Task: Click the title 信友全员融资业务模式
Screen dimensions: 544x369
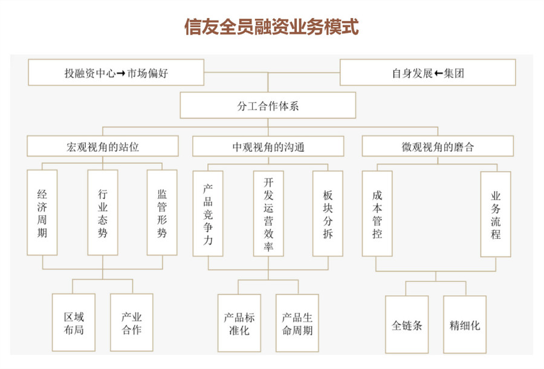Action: [x=271, y=27]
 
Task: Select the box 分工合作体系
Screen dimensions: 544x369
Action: [x=268, y=105]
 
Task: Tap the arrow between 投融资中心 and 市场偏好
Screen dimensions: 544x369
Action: [x=121, y=73]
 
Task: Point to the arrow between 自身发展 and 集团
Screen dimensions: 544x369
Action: [x=438, y=73]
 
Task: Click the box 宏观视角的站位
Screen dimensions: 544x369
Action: [x=103, y=146]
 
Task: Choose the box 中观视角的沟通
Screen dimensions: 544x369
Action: [x=268, y=146]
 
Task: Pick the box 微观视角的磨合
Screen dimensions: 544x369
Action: [x=438, y=146]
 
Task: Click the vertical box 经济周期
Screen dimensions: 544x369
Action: [x=42, y=212]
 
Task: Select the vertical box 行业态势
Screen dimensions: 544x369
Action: [x=103, y=212]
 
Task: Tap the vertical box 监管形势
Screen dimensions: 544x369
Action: [x=162, y=212]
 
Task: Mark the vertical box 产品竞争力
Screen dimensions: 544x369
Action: [x=208, y=214]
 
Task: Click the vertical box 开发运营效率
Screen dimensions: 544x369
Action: [x=268, y=214]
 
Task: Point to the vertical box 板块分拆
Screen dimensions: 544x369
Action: [x=328, y=214]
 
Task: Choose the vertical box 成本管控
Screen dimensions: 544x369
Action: [x=377, y=214]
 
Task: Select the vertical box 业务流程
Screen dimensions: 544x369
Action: [x=496, y=214]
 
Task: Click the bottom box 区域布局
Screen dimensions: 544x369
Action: [x=74, y=322]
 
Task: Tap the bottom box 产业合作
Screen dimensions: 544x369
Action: [x=132, y=322]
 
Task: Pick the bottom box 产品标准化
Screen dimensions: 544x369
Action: [x=239, y=323]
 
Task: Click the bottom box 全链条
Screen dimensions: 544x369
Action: [x=407, y=325]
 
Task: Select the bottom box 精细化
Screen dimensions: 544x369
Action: [x=465, y=325]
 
